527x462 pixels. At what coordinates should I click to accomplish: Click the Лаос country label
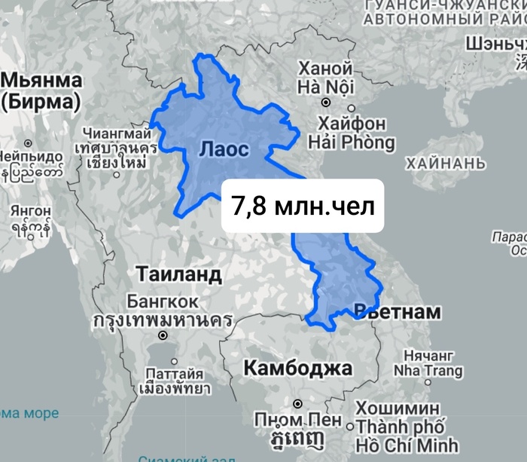point(224,149)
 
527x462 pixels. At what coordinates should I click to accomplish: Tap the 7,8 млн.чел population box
point(303,206)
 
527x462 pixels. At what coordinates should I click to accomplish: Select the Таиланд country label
point(178,274)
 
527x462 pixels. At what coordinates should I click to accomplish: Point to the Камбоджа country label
point(298,369)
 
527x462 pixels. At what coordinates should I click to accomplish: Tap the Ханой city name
point(325,68)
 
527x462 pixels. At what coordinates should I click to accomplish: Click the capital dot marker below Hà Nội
point(326,101)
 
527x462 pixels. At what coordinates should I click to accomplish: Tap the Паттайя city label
point(174,373)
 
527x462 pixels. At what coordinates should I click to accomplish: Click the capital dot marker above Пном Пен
point(297,403)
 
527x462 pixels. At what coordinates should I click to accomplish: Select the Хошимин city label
point(400,408)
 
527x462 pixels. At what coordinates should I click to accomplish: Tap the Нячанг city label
point(425,355)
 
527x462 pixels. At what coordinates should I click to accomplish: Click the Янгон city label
point(31,210)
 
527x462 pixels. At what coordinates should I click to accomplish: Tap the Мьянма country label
point(42,81)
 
